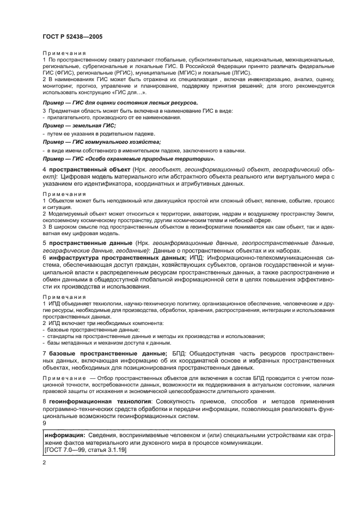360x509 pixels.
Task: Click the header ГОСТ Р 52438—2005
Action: click(x=72, y=36)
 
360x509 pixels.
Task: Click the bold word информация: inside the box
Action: click(x=65, y=436)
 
